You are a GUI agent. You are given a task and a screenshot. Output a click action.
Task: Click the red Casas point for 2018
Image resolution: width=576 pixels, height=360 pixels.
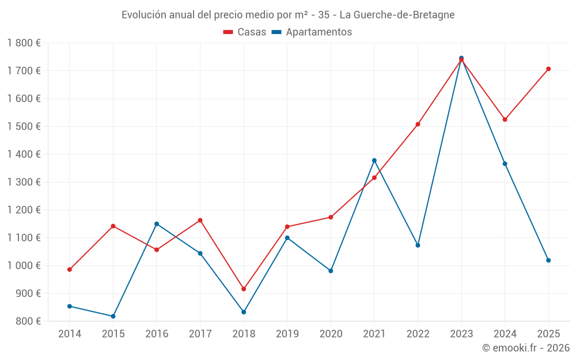244,289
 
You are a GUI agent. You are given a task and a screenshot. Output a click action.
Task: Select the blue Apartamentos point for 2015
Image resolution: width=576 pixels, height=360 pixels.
113,316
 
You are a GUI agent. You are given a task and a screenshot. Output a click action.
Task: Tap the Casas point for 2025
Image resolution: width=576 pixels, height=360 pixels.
548,69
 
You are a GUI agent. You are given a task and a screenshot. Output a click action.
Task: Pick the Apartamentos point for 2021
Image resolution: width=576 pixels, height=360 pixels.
374,161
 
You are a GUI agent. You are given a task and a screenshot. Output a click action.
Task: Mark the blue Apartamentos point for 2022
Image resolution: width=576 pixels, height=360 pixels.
418,245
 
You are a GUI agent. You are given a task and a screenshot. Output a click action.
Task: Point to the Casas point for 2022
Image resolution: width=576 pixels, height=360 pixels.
418,124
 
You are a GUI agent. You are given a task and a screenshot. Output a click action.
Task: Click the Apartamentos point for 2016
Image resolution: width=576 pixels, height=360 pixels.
157,224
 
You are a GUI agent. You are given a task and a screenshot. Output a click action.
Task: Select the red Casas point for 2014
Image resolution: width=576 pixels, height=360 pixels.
70,270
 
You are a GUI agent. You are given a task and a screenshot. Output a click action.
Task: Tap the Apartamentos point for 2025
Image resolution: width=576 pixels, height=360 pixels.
548,260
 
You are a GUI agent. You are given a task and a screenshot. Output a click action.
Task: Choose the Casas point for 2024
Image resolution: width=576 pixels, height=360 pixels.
505,120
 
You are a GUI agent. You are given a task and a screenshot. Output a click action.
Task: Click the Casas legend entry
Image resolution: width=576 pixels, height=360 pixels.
245,32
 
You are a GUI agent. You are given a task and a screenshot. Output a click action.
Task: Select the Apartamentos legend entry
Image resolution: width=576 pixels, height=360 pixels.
312,32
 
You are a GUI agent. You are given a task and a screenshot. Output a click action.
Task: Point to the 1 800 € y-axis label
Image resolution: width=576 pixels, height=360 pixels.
24,43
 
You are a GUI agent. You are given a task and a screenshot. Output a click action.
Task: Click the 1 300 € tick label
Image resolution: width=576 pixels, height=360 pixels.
24,182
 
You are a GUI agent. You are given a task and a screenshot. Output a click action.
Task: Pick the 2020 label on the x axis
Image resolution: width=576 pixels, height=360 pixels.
331,334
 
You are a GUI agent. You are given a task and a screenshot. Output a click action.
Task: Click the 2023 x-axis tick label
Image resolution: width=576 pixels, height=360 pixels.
461,334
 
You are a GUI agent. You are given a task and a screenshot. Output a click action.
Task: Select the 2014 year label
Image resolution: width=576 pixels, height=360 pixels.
70,334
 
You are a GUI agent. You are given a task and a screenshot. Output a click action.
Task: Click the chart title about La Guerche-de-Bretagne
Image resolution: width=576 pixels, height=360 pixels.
288,15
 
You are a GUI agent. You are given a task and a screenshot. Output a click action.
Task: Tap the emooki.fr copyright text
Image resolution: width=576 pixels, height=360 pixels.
526,348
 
